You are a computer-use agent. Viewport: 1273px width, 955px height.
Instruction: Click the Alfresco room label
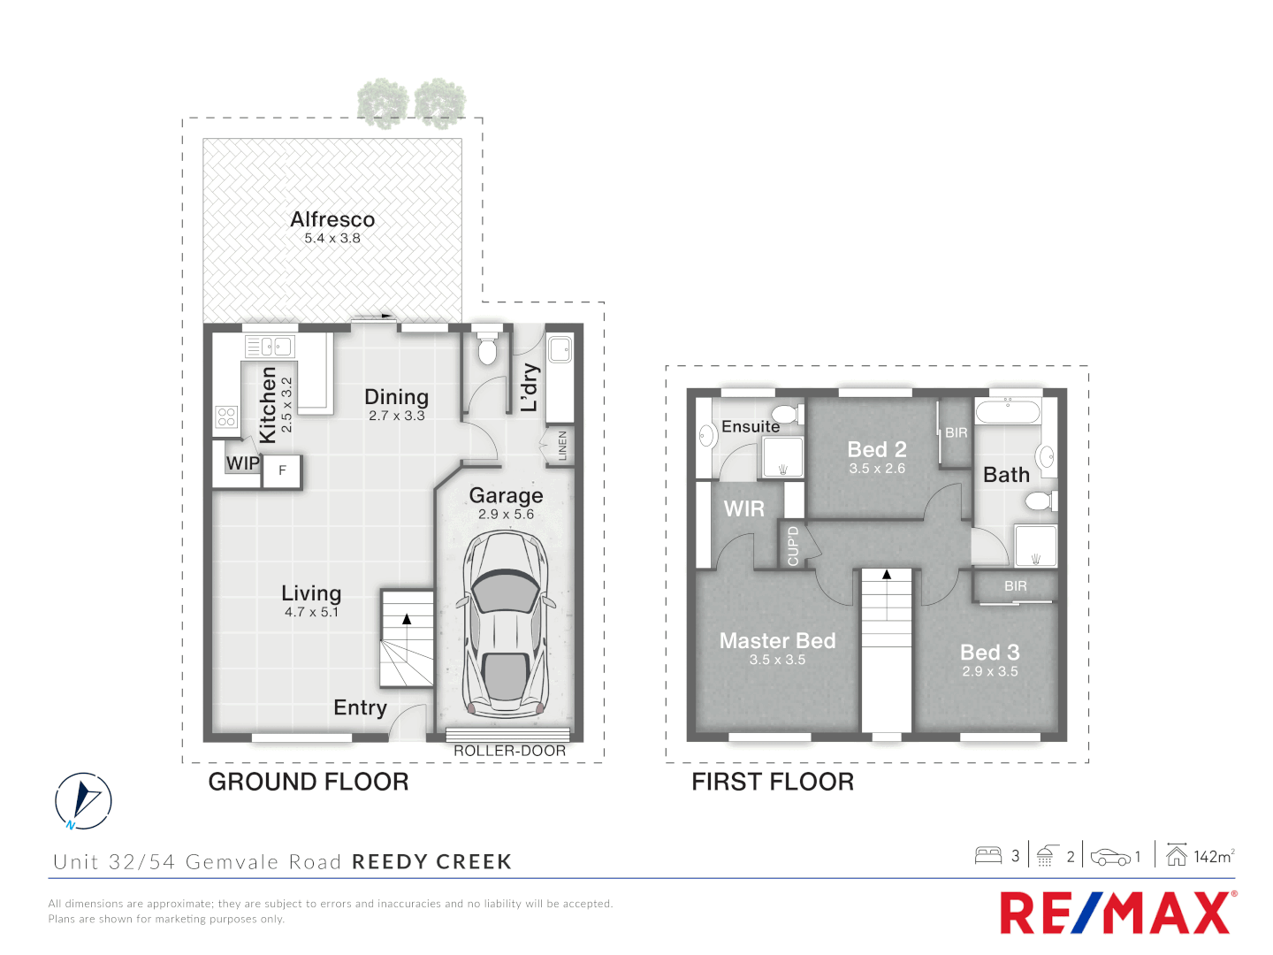332,219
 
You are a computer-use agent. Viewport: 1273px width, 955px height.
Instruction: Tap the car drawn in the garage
505,624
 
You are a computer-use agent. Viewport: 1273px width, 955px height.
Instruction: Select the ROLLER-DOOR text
509,751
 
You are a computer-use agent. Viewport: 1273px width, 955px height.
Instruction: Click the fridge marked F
283,470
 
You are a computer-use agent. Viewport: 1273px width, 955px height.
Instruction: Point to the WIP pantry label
242,463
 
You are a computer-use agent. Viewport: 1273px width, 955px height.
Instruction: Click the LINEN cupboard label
562,446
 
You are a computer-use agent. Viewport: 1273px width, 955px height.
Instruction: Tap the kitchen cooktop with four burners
226,416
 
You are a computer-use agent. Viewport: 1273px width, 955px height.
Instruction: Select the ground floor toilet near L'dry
487,348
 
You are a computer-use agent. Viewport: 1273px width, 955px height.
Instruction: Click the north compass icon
83,801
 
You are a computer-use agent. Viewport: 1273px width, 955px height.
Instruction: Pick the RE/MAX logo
1116,913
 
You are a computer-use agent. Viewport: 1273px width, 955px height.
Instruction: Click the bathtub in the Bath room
1008,411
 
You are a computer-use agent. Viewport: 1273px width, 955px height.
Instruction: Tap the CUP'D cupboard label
793,546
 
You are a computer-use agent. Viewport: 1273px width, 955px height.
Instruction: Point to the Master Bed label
777,641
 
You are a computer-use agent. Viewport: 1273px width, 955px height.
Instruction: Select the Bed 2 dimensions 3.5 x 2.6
877,469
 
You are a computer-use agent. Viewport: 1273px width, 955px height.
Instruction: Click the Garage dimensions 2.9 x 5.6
506,514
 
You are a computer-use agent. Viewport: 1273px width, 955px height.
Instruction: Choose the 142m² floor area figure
1213,856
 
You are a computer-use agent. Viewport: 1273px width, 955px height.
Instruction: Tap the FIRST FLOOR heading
773,782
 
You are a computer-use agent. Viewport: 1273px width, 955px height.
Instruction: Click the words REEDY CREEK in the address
431,862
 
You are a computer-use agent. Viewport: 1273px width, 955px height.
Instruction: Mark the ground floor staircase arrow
407,619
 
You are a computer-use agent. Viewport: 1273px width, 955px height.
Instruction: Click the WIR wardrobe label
743,509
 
